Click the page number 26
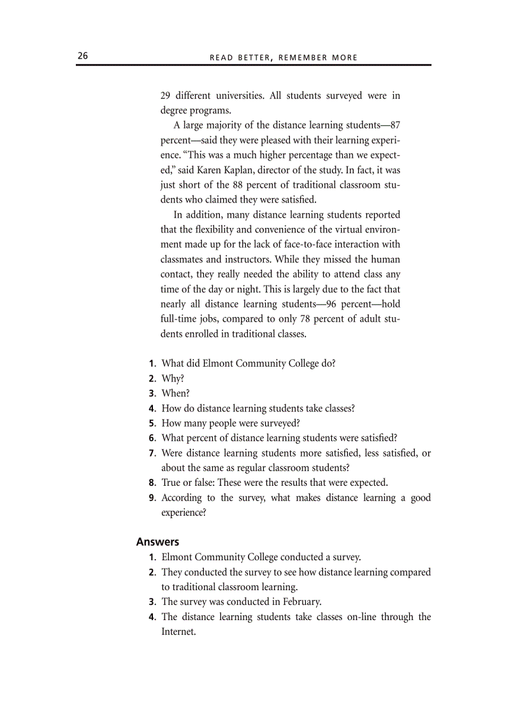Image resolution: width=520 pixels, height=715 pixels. point(82,56)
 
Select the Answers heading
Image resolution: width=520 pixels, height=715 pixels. point(157,542)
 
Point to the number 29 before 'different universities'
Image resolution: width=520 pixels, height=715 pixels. point(165,96)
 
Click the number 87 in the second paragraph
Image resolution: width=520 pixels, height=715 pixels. point(394,125)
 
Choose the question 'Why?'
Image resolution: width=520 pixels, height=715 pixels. point(173,378)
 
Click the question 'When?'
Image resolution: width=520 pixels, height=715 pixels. point(175,393)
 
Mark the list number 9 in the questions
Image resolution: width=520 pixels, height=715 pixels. point(153,498)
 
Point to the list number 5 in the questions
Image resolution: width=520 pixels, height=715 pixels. point(153,423)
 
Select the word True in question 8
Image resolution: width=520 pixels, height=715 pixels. point(172,483)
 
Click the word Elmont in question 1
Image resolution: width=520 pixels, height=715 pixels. point(217,364)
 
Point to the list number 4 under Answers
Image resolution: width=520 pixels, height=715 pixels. point(153,617)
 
